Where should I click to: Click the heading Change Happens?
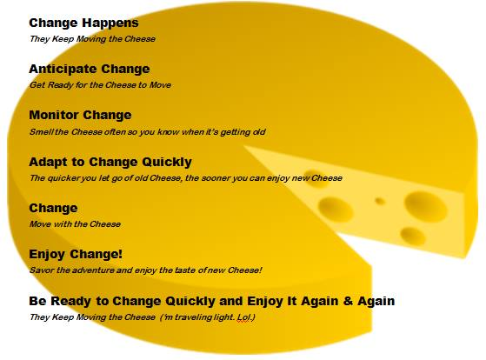83,23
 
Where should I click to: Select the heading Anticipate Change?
90,70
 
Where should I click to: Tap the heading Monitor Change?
80,115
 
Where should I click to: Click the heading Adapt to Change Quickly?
110,162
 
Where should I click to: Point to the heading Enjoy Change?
76,254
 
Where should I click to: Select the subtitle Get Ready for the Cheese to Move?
100,85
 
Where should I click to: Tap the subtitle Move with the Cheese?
75,223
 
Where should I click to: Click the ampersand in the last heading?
348,301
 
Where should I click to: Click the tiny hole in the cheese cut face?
380,202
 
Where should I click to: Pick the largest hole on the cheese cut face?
426,206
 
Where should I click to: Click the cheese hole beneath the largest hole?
413,236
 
